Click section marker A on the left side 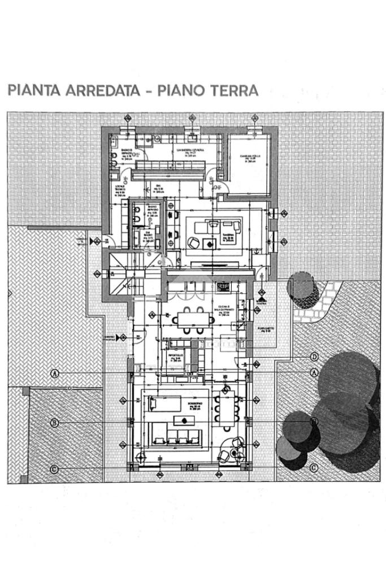click(x=55, y=373)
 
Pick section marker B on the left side click(x=55, y=423)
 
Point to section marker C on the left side click(x=55, y=469)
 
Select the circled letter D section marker click(x=314, y=357)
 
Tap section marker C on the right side click(x=314, y=468)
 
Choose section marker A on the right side click(x=314, y=373)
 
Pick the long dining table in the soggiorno click(x=227, y=408)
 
